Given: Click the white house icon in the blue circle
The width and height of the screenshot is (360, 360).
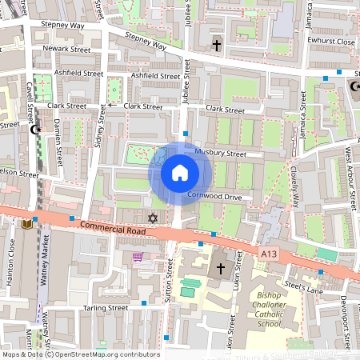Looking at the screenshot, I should point(179,172).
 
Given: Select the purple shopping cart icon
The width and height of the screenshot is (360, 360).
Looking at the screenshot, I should point(138,258).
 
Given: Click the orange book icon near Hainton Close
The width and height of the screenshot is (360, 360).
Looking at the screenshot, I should point(30,225).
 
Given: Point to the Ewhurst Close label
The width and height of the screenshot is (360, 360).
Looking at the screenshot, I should point(331,42).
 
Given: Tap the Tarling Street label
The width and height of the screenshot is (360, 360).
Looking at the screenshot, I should point(106,307).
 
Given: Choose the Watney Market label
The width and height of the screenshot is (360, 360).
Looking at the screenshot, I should point(46,272).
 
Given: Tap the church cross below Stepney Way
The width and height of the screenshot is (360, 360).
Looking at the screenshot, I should point(217,46).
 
